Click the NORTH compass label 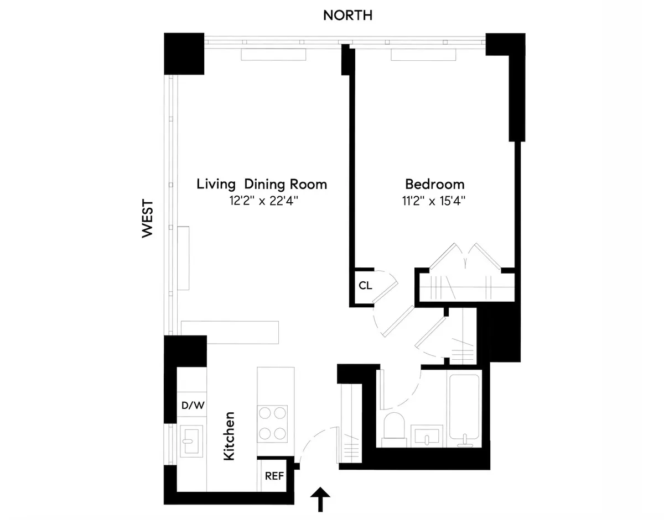click(x=347, y=15)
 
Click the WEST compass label click(x=147, y=219)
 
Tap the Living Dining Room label click(x=262, y=184)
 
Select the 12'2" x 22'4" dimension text click(x=262, y=201)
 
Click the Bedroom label click(x=434, y=184)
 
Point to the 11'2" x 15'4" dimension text click(x=434, y=201)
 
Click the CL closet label click(x=365, y=286)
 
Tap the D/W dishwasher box click(x=192, y=405)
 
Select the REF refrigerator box click(x=274, y=475)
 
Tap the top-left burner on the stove click(x=265, y=412)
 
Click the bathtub click(x=465, y=409)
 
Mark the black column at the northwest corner click(x=184, y=54)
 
